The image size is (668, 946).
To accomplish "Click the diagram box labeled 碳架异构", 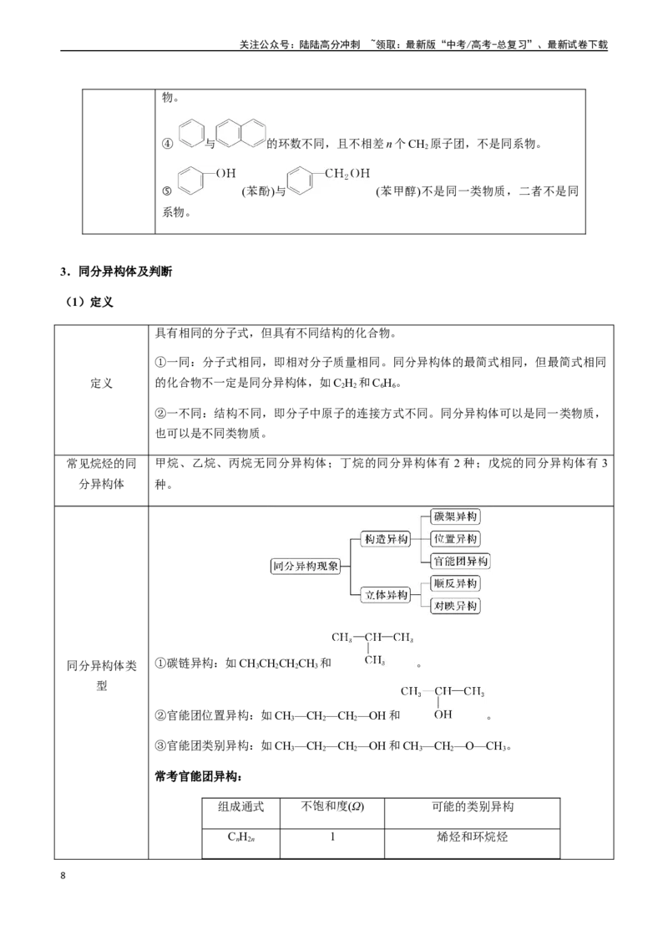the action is tap(455, 516).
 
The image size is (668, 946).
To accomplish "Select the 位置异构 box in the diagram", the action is tap(455, 539).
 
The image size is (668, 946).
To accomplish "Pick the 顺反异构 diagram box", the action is tap(455, 583).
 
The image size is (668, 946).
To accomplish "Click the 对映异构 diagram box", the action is tap(455, 606).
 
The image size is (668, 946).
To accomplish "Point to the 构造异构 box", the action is tap(386, 539).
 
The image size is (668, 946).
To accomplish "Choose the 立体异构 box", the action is tap(386, 595).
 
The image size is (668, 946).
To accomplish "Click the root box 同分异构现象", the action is tap(306, 566).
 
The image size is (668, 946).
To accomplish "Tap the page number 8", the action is tap(63, 876).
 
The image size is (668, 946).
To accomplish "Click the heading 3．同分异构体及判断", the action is tap(116, 272).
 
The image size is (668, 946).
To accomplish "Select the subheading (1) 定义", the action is tap(89, 303).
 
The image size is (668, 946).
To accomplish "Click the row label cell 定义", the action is tap(101, 383).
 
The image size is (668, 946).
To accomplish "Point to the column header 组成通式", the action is tap(240, 806).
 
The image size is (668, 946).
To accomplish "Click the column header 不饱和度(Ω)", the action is tap(332, 806).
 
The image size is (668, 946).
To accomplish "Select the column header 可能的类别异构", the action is tap(472, 806).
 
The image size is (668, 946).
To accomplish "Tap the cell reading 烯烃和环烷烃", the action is tap(472, 837).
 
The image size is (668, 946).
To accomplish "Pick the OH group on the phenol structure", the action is tap(226, 173).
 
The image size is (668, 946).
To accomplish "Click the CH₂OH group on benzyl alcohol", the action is tap(347, 174).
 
